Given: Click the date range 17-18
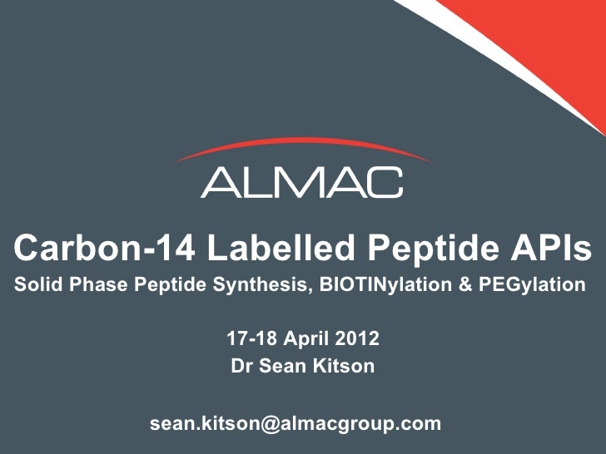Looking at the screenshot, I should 250,339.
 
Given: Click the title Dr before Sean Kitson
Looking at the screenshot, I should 241,366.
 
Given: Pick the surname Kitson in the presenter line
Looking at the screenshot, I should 343,366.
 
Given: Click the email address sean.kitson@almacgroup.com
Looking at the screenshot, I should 296,423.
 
